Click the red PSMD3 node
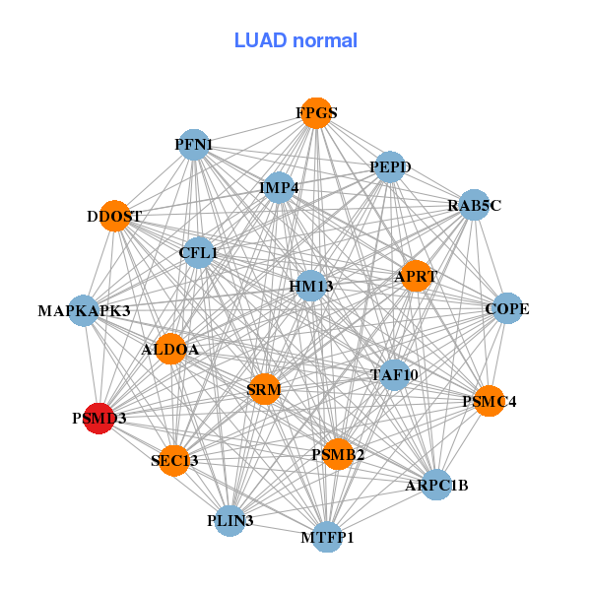(98, 419)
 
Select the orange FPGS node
(315, 113)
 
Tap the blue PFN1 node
(194, 145)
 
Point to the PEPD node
(388, 168)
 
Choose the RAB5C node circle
(474, 205)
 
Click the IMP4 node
(280, 187)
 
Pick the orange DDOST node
(115, 217)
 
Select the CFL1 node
(198, 253)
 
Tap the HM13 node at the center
(310, 287)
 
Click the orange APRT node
(414, 277)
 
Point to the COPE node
(506, 308)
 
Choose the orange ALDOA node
(171, 349)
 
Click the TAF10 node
(394, 374)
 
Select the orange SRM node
(264, 389)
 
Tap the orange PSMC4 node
(489, 401)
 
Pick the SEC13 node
(174, 460)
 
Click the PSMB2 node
(338, 454)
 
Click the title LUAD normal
(295, 40)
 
